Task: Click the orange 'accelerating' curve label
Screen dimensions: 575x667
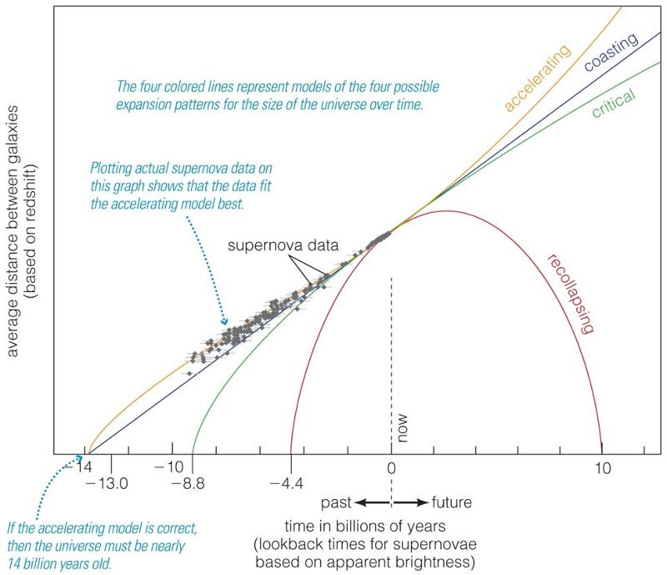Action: click(537, 78)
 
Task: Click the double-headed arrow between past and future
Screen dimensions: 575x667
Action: click(392, 503)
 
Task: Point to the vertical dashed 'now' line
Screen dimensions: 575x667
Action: click(391, 351)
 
